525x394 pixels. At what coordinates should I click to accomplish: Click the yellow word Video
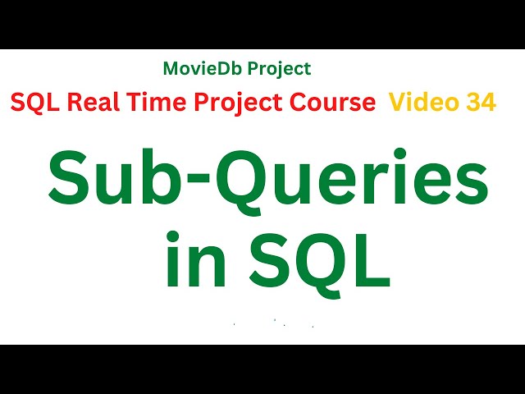click(x=418, y=103)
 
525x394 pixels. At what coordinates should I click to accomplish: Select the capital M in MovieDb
click(x=170, y=69)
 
